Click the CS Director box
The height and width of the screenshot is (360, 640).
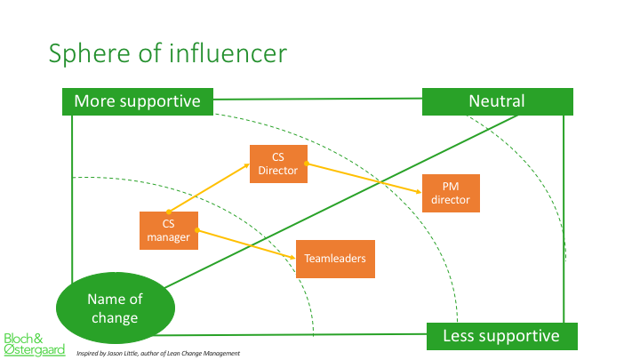(x=278, y=164)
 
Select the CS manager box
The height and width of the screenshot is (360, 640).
(x=169, y=230)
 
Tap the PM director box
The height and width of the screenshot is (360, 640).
(x=451, y=193)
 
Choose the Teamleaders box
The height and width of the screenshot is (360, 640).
(x=335, y=259)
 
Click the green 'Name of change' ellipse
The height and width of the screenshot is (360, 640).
(x=115, y=308)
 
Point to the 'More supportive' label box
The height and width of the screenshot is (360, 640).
(x=138, y=101)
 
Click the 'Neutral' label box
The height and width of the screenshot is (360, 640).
(x=497, y=101)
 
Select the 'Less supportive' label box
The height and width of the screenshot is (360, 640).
(x=501, y=336)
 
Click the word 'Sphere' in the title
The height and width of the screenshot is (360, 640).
(x=90, y=54)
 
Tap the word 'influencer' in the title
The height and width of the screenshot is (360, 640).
(x=228, y=53)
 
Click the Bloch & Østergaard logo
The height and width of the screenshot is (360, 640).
(x=35, y=345)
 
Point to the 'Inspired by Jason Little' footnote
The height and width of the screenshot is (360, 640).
(x=158, y=354)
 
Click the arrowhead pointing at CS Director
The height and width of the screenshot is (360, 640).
(x=246, y=165)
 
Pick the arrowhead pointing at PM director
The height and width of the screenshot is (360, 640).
(x=419, y=191)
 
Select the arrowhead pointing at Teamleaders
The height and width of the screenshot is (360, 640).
(x=292, y=258)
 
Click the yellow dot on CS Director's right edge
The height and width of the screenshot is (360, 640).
(x=307, y=164)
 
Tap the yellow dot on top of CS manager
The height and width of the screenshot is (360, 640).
(x=169, y=212)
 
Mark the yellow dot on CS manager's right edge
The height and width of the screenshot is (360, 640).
(x=197, y=230)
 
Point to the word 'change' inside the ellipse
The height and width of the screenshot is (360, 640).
(x=115, y=318)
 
